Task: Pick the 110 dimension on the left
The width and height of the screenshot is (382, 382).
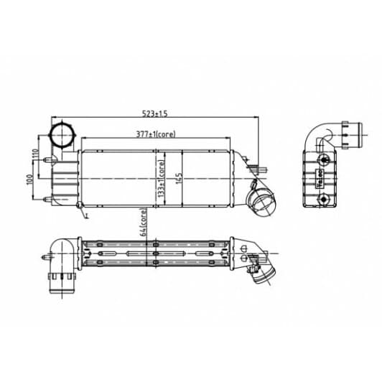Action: [x=34, y=154]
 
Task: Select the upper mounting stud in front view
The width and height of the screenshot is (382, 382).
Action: [x=49, y=160]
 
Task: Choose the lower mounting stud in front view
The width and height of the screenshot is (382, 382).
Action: [x=49, y=197]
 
